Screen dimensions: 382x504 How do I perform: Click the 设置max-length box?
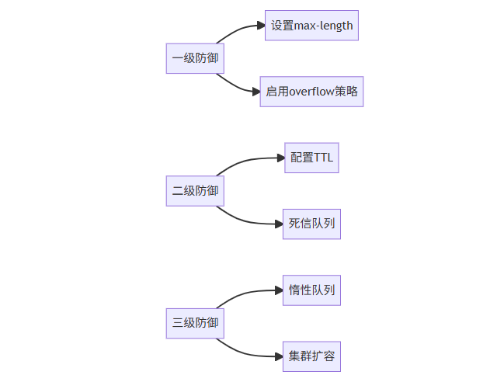311,26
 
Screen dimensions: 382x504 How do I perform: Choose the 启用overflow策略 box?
311,92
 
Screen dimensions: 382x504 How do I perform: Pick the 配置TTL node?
311,158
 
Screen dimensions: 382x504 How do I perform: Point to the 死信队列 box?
311,224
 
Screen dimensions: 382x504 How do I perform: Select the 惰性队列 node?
311,290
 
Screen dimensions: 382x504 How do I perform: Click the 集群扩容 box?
311,356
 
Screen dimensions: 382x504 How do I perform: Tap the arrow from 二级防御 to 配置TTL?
245,161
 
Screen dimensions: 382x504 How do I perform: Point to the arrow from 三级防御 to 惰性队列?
245,293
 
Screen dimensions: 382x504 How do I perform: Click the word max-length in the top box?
323,26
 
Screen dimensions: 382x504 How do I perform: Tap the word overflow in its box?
314,92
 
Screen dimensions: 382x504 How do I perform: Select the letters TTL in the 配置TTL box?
322,158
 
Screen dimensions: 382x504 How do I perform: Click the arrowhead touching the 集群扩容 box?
277,356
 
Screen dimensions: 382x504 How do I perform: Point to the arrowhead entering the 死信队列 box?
277,224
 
